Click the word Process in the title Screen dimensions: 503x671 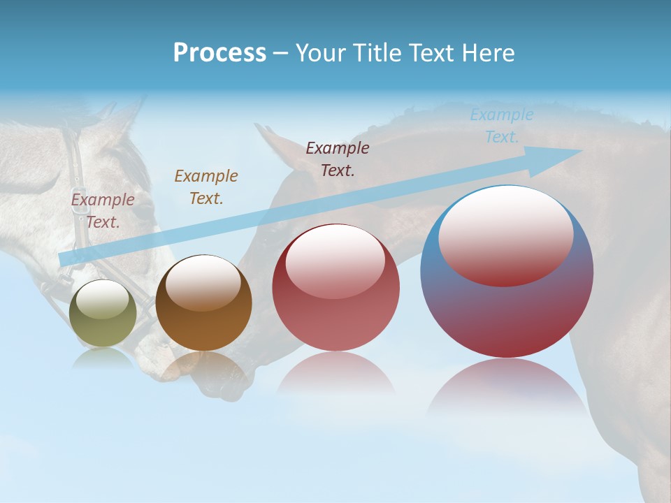tap(219, 53)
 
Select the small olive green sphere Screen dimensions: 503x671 tap(103, 314)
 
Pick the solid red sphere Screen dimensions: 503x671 tap(335, 288)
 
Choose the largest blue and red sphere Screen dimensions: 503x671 tap(507, 272)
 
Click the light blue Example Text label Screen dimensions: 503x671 tap(502, 126)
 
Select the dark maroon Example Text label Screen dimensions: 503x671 tap(338, 159)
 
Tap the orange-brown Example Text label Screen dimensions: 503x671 tap(206, 187)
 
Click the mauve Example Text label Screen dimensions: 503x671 tap(103, 210)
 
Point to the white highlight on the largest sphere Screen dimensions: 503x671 tap(506, 234)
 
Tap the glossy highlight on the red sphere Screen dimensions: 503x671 tap(335, 261)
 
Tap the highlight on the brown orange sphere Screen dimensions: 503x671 tap(203, 282)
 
